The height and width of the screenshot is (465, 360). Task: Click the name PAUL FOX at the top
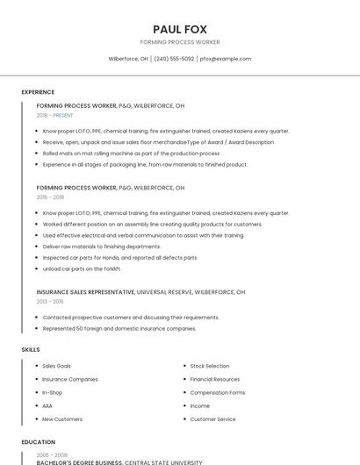[180, 29]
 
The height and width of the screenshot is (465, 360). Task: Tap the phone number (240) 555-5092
[174, 59]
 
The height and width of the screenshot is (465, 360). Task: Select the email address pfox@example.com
[226, 59]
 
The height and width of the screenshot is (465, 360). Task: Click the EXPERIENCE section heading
[38, 92]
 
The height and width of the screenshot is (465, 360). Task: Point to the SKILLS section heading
[31, 350]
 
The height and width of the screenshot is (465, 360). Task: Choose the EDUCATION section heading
[39, 442]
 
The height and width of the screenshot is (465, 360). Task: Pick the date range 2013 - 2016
[50, 301]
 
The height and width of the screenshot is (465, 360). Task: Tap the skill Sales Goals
[57, 366]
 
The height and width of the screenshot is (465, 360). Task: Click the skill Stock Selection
[210, 366]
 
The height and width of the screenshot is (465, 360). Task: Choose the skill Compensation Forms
[218, 392]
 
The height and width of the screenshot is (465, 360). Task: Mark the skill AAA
[47, 406]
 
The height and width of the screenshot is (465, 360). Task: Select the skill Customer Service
[213, 419]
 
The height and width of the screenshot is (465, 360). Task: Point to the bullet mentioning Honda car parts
[119, 258]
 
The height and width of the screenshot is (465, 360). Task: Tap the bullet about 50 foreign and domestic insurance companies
[119, 328]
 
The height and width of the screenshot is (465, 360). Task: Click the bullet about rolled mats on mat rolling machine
[132, 153]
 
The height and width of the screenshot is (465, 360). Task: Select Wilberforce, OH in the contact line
[128, 59]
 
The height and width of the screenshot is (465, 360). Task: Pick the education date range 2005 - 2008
[51, 455]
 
